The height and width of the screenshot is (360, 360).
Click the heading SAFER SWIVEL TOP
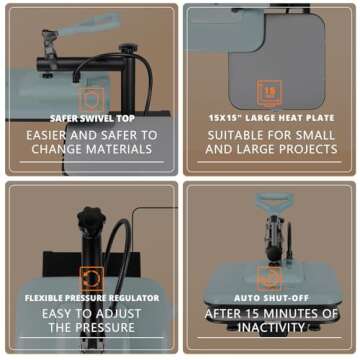coord(92,119)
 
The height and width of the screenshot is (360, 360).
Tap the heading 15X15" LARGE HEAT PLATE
coord(271,118)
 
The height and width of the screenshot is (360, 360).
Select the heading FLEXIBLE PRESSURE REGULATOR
coord(92,298)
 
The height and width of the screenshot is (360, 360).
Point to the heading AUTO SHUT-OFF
coord(271,298)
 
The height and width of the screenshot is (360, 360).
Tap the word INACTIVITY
coord(272,328)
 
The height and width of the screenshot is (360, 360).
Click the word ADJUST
coord(118,314)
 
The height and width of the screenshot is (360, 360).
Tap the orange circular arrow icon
coord(92,279)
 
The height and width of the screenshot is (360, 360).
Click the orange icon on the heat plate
coord(269,92)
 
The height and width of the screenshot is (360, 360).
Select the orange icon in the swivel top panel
coord(91,99)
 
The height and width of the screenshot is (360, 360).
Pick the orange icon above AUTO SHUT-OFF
coord(269,278)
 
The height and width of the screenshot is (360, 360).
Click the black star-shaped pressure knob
coord(91,219)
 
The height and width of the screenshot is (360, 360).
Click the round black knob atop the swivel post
coord(128,49)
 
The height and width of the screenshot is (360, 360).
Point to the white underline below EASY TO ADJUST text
coord(92,338)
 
